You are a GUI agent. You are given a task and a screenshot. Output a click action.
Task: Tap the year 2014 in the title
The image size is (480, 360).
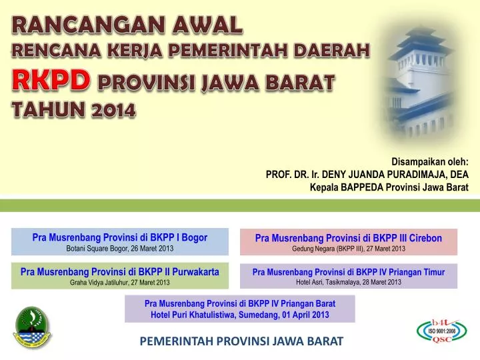(x=111, y=109)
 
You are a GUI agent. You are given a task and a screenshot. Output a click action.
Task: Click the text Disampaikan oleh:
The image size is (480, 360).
(x=429, y=161)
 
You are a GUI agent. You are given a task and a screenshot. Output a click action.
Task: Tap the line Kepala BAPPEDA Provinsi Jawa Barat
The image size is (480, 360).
(x=389, y=187)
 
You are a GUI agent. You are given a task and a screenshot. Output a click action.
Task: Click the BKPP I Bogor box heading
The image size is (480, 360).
(x=120, y=237)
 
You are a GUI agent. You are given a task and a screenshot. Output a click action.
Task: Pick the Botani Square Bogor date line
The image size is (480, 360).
(x=120, y=249)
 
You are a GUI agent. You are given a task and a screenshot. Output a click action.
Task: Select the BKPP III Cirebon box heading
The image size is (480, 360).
(x=348, y=237)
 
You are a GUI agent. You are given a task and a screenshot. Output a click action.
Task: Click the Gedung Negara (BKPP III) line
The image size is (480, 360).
(x=348, y=249)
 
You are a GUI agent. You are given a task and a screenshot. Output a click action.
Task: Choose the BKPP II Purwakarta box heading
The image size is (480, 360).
(x=120, y=271)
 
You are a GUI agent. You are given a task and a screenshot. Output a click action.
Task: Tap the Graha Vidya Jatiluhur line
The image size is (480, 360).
(x=120, y=282)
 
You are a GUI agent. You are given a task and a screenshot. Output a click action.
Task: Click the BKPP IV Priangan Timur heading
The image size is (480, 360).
(x=348, y=271)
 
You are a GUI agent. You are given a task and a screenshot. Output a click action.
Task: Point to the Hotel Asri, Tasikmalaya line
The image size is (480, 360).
(x=348, y=282)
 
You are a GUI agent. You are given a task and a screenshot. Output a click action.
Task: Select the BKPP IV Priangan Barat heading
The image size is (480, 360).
(x=240, y=303)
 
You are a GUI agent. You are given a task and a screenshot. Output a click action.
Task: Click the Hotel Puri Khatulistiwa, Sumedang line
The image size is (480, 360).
(x=240, y=315)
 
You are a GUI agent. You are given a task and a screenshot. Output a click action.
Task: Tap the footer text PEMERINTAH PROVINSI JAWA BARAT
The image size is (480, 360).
(x=241, y=341)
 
